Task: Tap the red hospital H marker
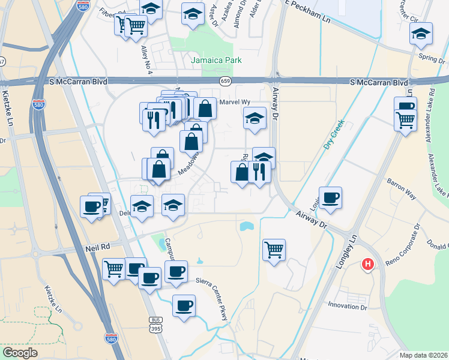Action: tap(367, 263)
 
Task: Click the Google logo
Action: tap(20, 352)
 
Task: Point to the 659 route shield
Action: tap(225, 80)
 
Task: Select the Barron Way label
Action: tap(402, 187)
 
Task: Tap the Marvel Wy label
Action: tap(234, 102)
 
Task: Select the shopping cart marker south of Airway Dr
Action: tap(274, 249)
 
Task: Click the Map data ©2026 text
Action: tap(424, 355)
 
